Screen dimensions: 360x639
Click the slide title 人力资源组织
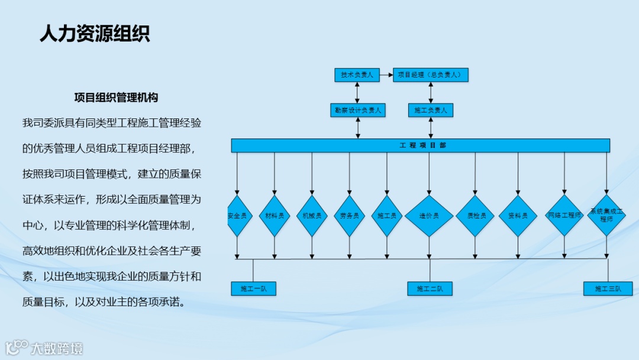[x=95, y=33]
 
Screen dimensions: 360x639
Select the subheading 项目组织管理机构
[x=116, y=97]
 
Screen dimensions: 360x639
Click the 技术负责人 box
[x=357, y=75]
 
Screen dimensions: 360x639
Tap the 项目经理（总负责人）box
[x=431, y=75]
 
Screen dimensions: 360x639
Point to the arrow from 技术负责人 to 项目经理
[x=386, y=75]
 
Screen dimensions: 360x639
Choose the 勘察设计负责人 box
[x=358, y=110]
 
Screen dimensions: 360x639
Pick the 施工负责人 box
[x=431, y=110]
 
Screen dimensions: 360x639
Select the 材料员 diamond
[x=275, y=216]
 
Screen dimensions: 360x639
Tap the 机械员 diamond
[x=312, y=216]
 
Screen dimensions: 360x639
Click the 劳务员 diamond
[x=349, y=216]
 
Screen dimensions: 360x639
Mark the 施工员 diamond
[x=387, y=216]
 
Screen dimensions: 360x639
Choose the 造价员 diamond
[x=429, y=216]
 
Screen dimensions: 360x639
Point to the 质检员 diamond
[x=475, y=216]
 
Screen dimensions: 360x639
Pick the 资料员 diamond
[x=518, y=216]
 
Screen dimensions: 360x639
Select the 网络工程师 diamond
[x=564, y=215]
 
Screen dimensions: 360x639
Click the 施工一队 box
[x=253, y=289]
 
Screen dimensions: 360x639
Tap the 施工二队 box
[x=430, y=289]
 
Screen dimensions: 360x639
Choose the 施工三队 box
[x=608, y=289]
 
